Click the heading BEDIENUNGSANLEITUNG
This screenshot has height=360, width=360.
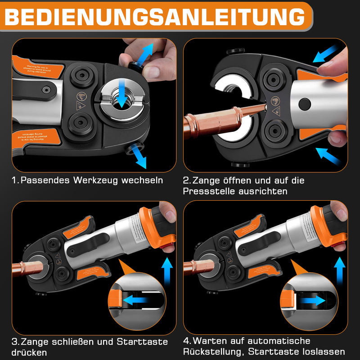click(x=154, y=17)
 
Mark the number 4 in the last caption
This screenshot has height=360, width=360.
click(x=187, y=341)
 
